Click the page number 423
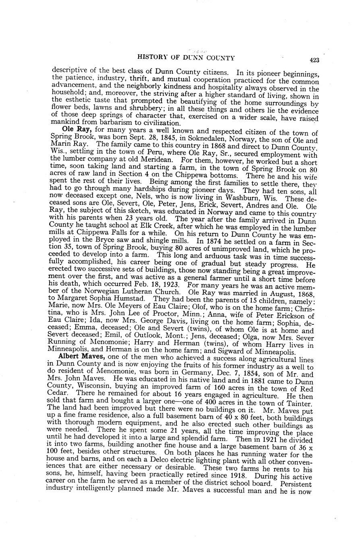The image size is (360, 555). tap(314, 60)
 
